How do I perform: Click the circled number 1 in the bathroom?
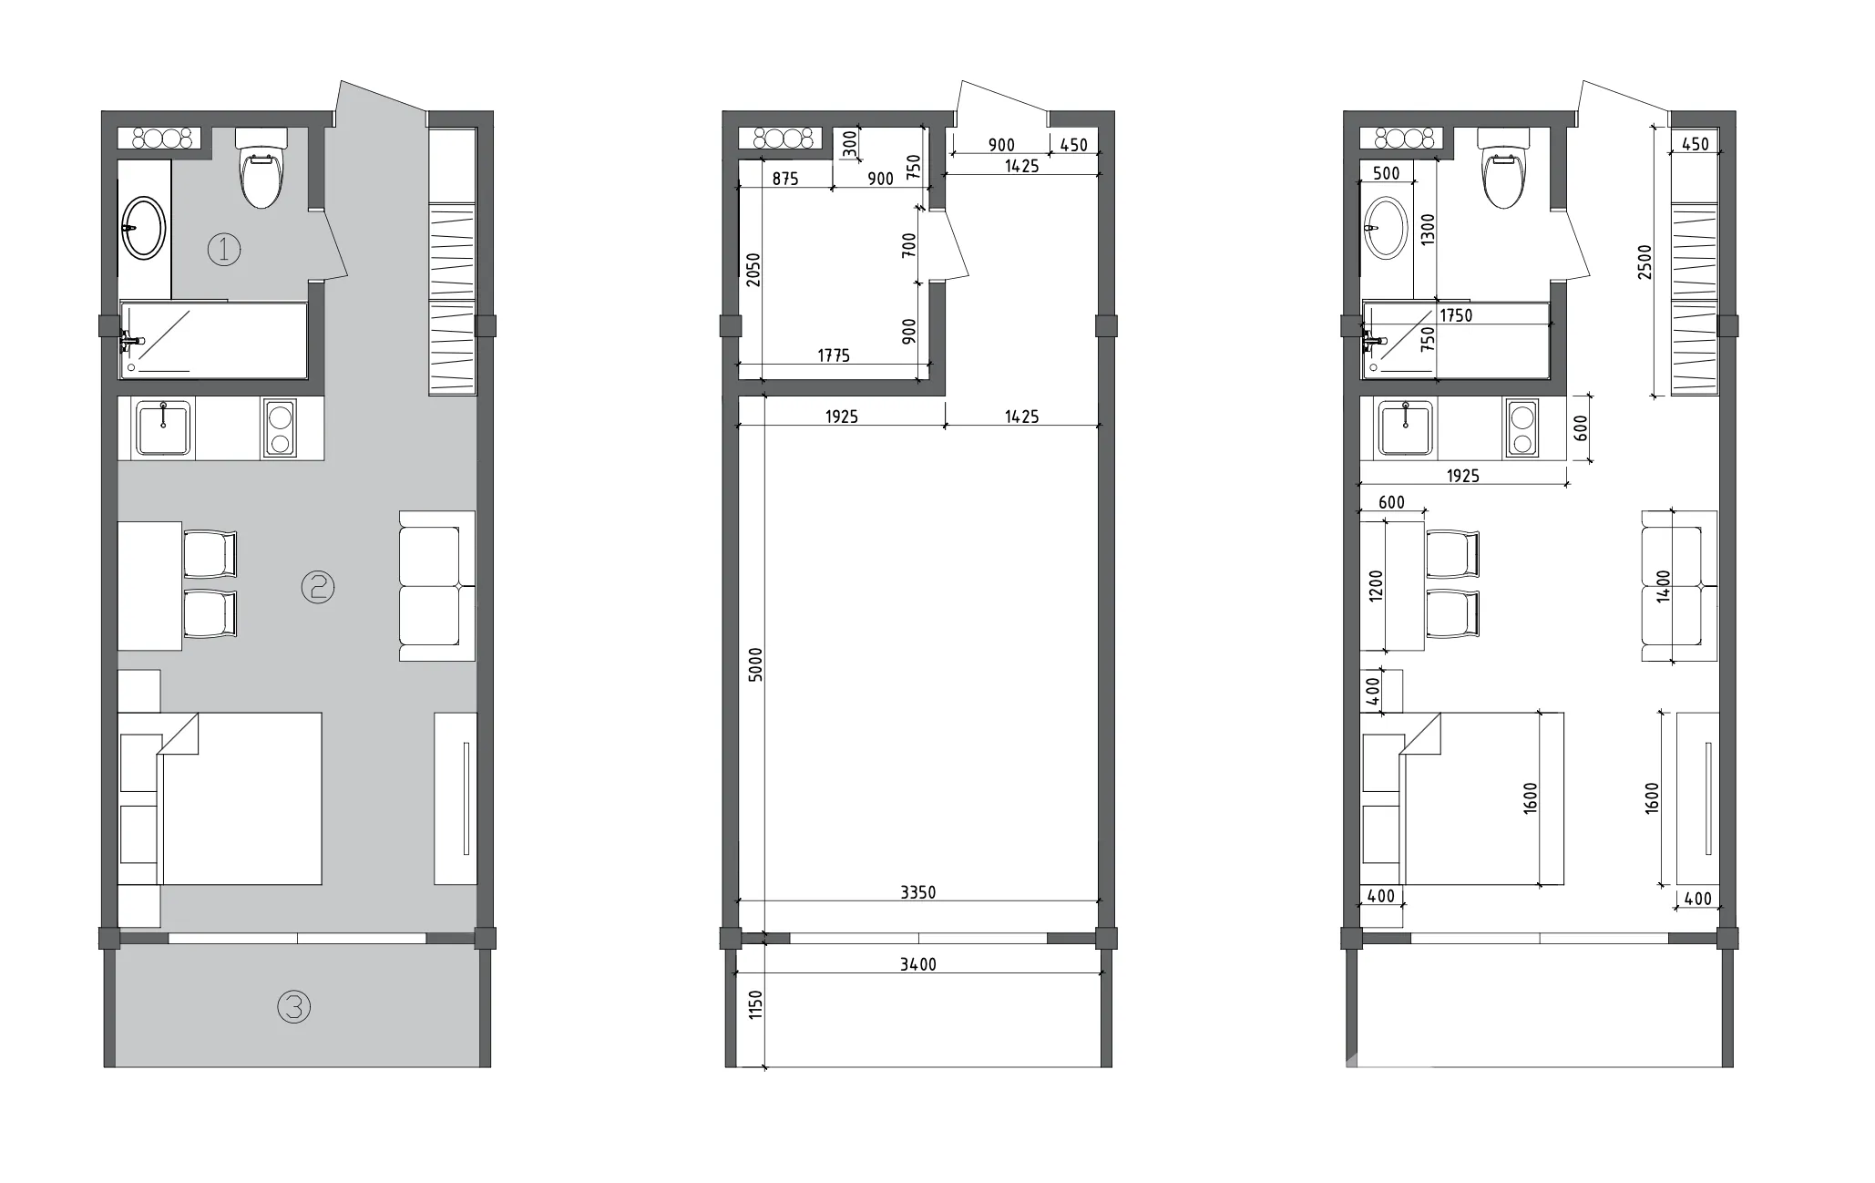pyautogui.click(x=224, y=249)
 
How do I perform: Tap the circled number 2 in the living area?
pyautogui.click(x=318, y=587)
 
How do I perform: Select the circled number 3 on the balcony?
pyautogui.click(x=293, y=1007)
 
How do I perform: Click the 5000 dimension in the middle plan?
pyautogui.click(x=755, y=665)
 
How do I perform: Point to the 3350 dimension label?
pyautogui.click(x=918, y=892)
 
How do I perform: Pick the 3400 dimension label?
pyautogui.click(x=918, y=963)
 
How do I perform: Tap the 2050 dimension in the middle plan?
pyautogui.click(x=753, y=270)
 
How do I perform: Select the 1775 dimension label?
pyautogui.click(x=834, y=355)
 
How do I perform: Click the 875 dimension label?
pyautogui.click(x=785, y=179)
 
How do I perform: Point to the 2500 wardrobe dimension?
pyautogui.click(x=1644, y=262)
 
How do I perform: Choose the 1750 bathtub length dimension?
pyautogui.click(x=1456, y=315)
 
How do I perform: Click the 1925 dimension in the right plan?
pyautogui.click(x=1462, y=475)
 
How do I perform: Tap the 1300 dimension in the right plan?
pyautogui.click(x=1428, y=229)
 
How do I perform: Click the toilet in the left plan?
pyautogui.click(x=261, y=168)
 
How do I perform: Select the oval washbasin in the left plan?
pyautogui.click(x=144, y=228)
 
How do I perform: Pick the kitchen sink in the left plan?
pyautogui.click(x=163, y=428)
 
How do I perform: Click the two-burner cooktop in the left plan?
pyautogui.click(x=279, y=427)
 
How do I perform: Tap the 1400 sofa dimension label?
pyautogui.click(x=1664, y=585)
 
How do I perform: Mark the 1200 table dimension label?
pyautogui.click(x=1376, y=585)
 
